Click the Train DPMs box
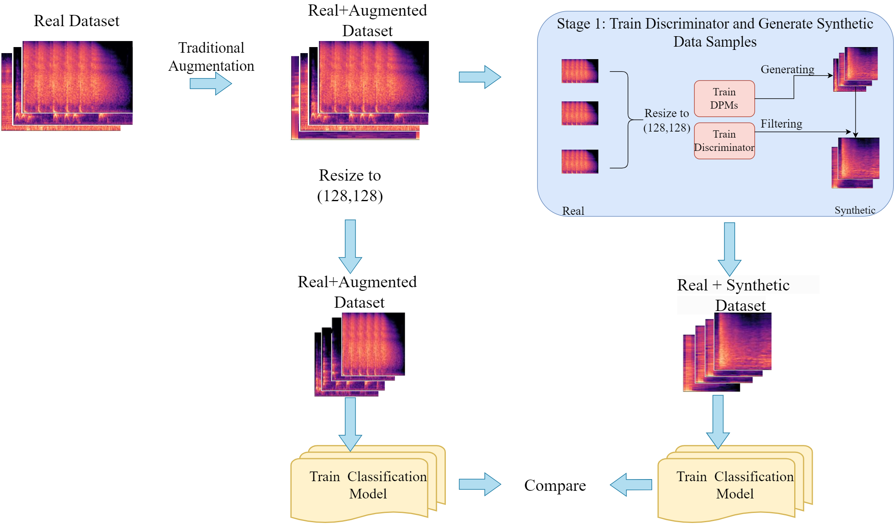click(x=724, y=99)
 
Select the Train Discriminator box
click(x=724, y=141)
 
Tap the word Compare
click(x=555, y=486)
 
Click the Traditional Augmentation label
click(x=211, y=57)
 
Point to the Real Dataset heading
click(x=76, y=21)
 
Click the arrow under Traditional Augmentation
click(x=211, y=84)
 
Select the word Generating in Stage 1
click(x=787, y=70)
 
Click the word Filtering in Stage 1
click(x=781, y=124)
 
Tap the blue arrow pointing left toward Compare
click(x=631, y=485)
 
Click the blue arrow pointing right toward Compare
click(x=480, y=484)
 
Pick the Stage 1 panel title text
click(x=715, y=33)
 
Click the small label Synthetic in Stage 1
click(x=855, y=210)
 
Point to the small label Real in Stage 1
click(x=573, y=211)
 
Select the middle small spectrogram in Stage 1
click(x=580, y=113)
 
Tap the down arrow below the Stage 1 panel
click(x=729, y=249)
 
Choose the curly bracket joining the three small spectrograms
click(x=626, y=119)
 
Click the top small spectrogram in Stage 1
click(x=580, y=71)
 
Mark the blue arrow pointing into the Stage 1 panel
click(x=480, y=77)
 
